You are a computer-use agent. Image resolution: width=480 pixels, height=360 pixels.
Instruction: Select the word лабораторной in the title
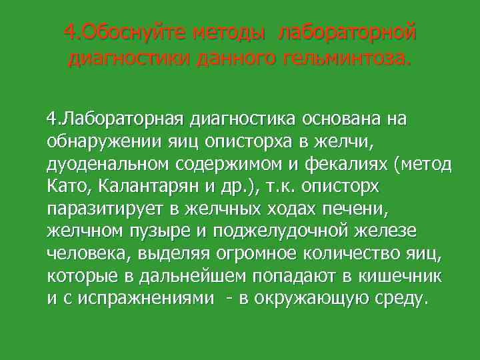(347, 31)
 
